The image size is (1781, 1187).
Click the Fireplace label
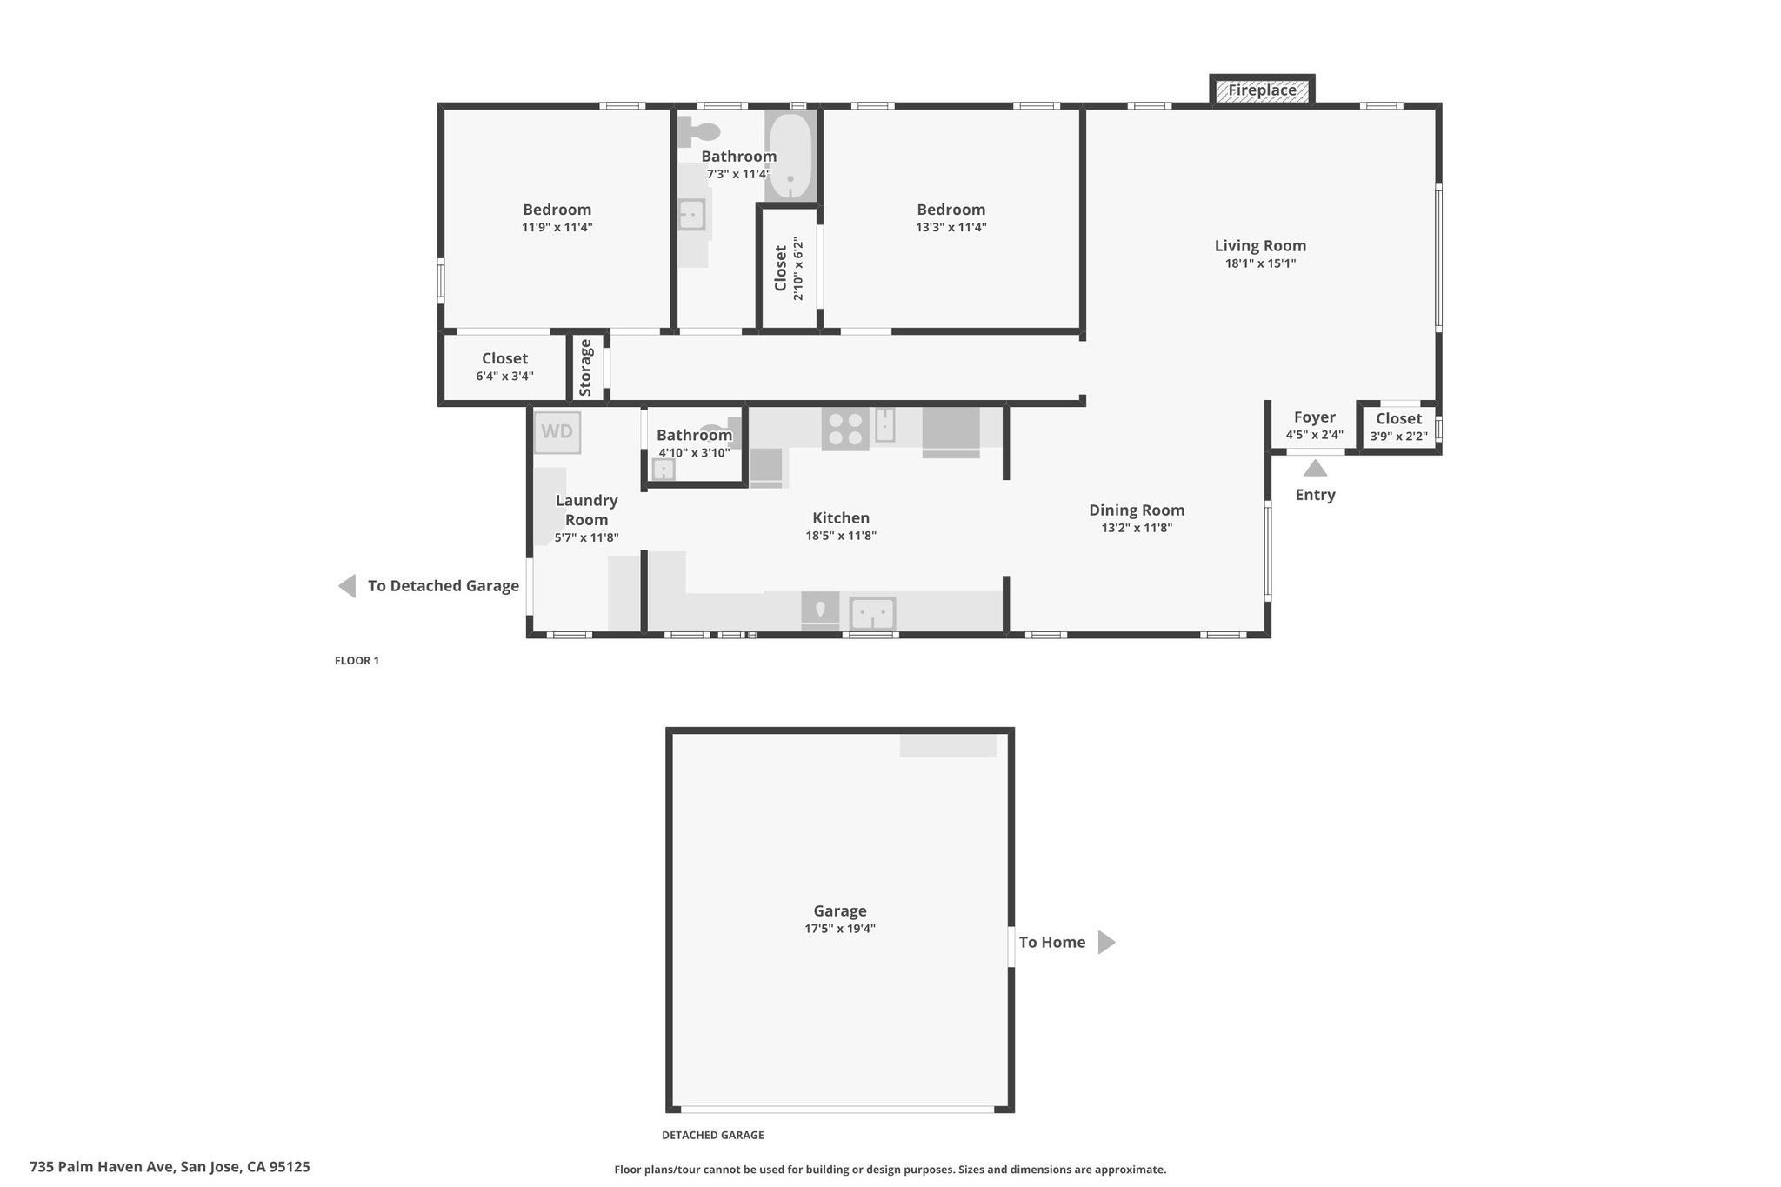[1262, 90]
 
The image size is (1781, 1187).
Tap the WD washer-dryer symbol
[557, 432]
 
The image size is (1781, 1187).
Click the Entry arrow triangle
[1315, 468]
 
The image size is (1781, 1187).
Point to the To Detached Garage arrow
[347, 586]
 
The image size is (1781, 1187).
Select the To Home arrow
[1106, 942]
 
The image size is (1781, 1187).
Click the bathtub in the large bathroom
[790, 155]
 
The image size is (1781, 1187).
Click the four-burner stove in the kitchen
[845, 429]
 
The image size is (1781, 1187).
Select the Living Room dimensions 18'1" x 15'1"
[1260, 263]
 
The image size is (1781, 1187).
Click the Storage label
[585, 368]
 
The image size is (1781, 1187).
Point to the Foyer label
[1314, 417]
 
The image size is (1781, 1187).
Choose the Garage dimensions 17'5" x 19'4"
[839, 929]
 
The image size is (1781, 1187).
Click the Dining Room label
[1137, 510]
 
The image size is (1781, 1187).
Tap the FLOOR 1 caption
[357, 661]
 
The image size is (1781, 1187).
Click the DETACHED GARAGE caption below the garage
[712, 1135]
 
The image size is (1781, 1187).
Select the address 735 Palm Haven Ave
[103, 1167]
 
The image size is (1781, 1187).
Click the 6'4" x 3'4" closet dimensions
[504, 377]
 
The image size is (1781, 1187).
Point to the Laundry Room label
[587, 510]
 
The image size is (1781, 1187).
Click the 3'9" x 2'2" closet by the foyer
[1398, 428]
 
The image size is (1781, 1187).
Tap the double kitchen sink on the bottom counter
[872, 613]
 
